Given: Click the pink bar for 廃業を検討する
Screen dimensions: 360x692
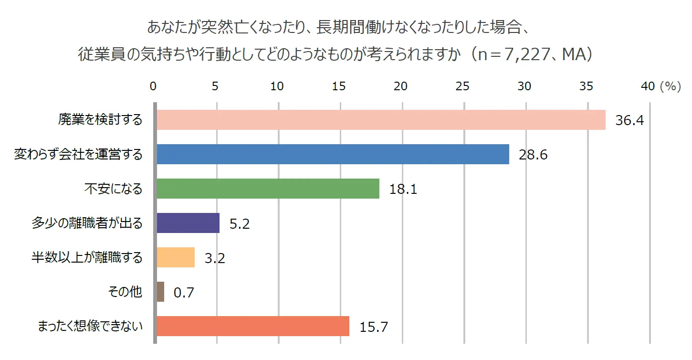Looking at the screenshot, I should [x=381, y=120].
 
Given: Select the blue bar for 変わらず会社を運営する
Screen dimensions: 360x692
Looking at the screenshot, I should [x=333, y=154].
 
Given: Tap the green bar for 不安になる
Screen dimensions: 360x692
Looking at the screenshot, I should [x=268, y=189].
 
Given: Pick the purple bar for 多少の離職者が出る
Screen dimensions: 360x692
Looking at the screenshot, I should [x=188, y=223].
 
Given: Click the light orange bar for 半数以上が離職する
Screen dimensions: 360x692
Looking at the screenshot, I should [x=176, y=257].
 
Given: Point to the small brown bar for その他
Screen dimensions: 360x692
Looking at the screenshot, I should [x=160, y=292].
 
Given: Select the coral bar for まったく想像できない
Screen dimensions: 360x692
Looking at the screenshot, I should [x=253, y=326].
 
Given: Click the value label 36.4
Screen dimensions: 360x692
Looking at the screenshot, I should [x=629, y=120].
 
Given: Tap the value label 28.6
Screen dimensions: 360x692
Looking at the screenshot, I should [x=533, y=155].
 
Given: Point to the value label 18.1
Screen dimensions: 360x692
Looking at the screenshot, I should [x=403, y=189].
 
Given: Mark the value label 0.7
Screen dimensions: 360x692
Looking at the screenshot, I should [x=184, y=292].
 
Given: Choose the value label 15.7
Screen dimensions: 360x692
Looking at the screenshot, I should [x=373, y=327].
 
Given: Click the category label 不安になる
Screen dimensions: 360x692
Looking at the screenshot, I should [x=113, y=189].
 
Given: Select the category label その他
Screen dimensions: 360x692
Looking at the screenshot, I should [x=125, y=292].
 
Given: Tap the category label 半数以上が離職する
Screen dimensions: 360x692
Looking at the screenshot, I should [x=86, y=257].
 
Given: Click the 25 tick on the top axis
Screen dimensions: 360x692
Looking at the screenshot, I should [x=462, y=86].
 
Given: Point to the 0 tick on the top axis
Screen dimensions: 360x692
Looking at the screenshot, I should [x=153, y=86].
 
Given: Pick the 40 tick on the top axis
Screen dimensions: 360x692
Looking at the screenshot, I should [x=648, y=86].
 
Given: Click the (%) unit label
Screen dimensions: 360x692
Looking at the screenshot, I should [x=670, y=86].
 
